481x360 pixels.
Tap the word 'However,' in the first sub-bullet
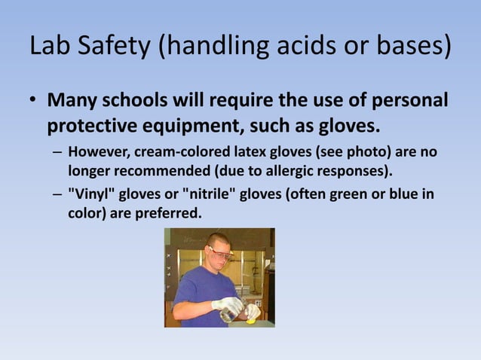click(99, 153)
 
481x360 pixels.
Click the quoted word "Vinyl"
click(91, 195)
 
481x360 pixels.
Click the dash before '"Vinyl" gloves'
click(58, 195)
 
